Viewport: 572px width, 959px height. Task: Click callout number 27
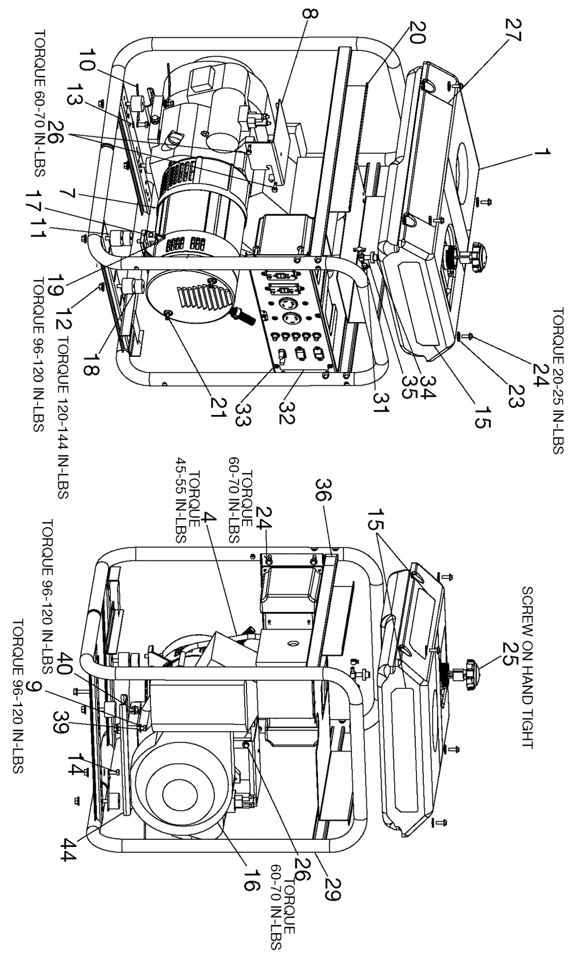[513, 30]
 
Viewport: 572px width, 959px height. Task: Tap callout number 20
[415, 32]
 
